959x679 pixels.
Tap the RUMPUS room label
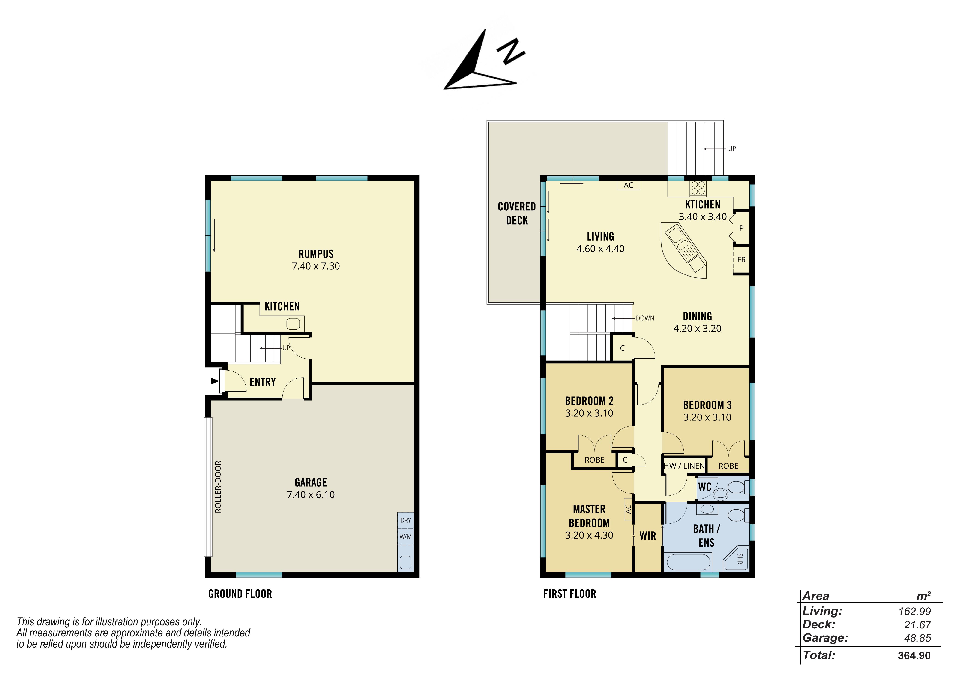pos(316,254)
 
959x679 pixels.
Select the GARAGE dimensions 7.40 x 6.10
pos(311,495)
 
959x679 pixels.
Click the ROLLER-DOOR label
pos(218,487)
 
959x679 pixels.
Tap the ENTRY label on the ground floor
pos(263,382)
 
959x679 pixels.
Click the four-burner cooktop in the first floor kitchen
pos(698,188)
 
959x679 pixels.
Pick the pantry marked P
pos(741,228)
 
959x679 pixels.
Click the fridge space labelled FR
pos(741,260)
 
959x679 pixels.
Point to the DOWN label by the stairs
pos(645,318)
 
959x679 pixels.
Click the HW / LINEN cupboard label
pos(684,466)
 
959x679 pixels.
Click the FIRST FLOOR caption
pos(570,594)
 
